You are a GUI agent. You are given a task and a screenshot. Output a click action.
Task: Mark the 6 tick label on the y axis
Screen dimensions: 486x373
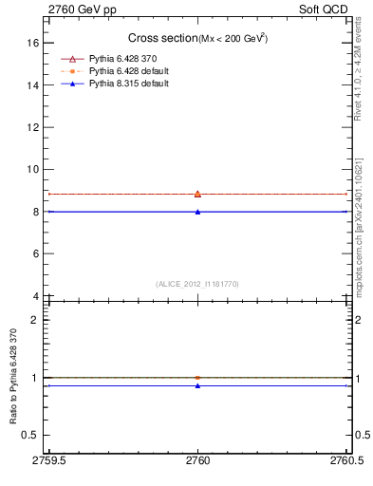pyautogui.click(x=35, y=254)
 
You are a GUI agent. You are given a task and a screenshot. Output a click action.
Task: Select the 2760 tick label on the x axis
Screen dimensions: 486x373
pyautogui.click(x=197, y=460)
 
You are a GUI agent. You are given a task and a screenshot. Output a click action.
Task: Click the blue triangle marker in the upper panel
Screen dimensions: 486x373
pyautogui.click(x=197, y=212)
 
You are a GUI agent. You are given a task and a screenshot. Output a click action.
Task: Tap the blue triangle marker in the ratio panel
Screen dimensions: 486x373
pyautogui.click(x=197, y=385)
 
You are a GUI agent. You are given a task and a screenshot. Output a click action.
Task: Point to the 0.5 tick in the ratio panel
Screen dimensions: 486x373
pyautogui.click(x=31, y=435)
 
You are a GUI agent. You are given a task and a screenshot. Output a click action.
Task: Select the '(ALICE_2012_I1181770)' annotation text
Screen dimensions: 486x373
pyautogui.click(x=197, y=283)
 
